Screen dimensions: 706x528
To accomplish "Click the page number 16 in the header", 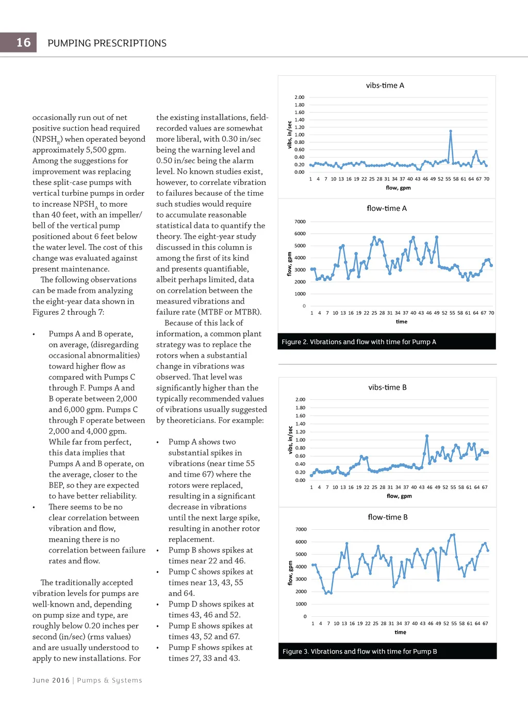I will (24, 43).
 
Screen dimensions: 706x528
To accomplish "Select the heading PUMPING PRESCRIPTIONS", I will (107, 43).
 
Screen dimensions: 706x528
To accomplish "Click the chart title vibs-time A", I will (385, 86).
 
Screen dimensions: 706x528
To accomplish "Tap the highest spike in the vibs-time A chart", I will (451, 131).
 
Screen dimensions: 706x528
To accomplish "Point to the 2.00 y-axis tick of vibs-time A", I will (299, 97).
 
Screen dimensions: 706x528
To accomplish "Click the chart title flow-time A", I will (386, 208).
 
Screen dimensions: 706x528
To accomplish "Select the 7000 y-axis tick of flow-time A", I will (300, 222).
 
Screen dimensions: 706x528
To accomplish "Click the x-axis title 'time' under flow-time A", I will (401, 322).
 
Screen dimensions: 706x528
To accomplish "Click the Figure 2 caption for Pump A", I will (358, 342).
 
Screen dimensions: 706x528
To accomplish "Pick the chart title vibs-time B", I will (387, 388).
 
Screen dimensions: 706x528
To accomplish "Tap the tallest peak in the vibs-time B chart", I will (427, 436).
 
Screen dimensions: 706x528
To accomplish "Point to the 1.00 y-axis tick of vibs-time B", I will (300, 440).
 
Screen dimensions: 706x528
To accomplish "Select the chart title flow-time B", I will (387, 517).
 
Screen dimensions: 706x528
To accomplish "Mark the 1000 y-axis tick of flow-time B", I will (301, 604).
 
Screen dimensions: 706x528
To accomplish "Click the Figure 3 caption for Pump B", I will (359, 651).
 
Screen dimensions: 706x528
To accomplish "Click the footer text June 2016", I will (51, 680).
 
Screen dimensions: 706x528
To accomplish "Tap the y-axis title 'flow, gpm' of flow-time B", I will (290, 573).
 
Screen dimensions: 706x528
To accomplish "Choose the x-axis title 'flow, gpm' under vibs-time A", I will (398, 188).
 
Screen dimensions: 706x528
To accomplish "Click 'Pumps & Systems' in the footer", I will (109, 680).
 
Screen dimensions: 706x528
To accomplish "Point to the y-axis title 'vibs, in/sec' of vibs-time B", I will (290, 440).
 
